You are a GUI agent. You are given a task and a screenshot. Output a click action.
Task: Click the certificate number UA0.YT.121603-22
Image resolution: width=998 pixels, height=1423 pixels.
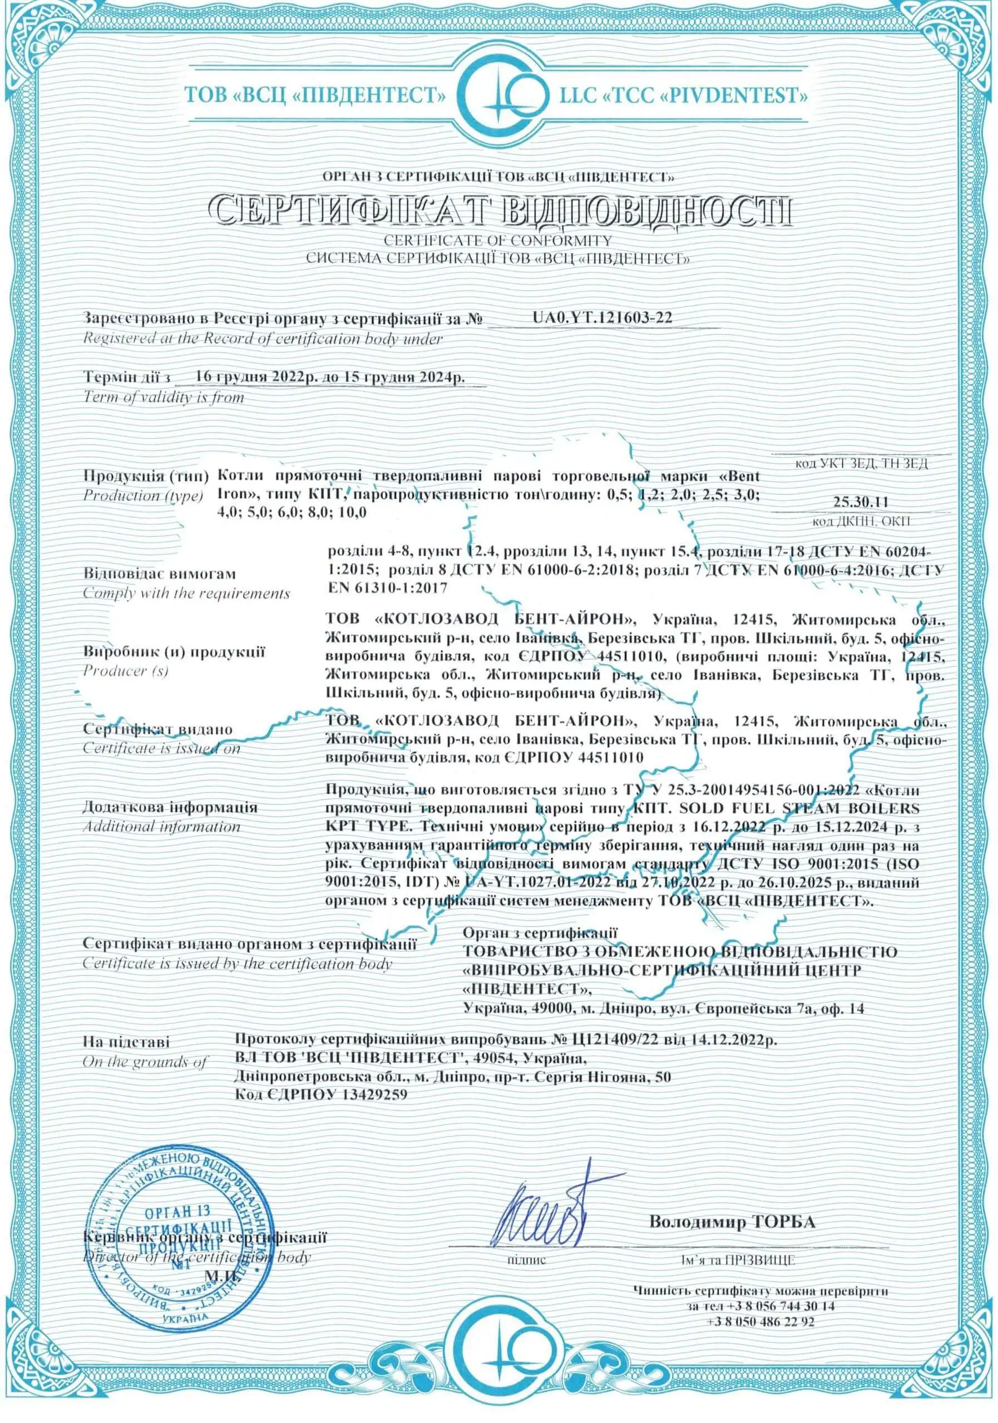[602, 318]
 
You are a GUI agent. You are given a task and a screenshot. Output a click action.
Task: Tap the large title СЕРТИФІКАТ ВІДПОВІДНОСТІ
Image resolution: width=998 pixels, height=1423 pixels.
[498, 211]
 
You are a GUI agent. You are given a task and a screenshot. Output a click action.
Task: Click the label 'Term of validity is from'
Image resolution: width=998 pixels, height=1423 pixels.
[164, 397]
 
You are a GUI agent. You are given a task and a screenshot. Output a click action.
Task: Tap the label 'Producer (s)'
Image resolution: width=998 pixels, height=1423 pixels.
[126, 670]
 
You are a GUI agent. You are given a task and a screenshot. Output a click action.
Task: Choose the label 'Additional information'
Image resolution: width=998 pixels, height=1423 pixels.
[161, 827]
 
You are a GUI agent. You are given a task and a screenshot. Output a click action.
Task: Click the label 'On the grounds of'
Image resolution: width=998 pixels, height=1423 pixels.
[145, 1062]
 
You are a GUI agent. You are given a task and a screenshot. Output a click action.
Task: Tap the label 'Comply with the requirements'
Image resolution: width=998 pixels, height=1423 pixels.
[186, 593]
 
